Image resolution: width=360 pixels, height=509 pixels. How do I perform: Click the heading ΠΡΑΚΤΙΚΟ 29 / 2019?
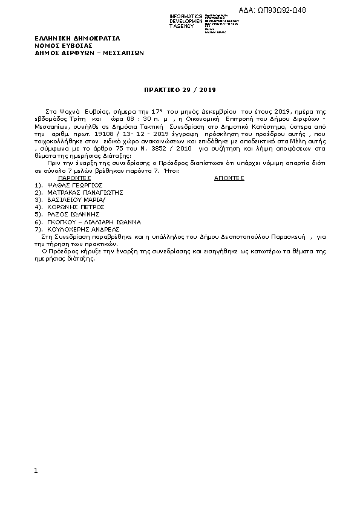coord(179,89)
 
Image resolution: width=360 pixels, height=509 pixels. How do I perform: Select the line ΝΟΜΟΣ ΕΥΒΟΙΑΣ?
coord(64,45)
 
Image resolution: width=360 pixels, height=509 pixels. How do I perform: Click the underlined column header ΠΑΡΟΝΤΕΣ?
coord(74,179)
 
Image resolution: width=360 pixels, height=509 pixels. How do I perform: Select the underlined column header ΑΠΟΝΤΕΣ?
coord(229,179)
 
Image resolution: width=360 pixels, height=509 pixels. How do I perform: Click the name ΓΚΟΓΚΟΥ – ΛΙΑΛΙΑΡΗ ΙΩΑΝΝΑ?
coord(94,222)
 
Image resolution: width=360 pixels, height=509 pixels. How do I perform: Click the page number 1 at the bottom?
coord(36,470)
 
